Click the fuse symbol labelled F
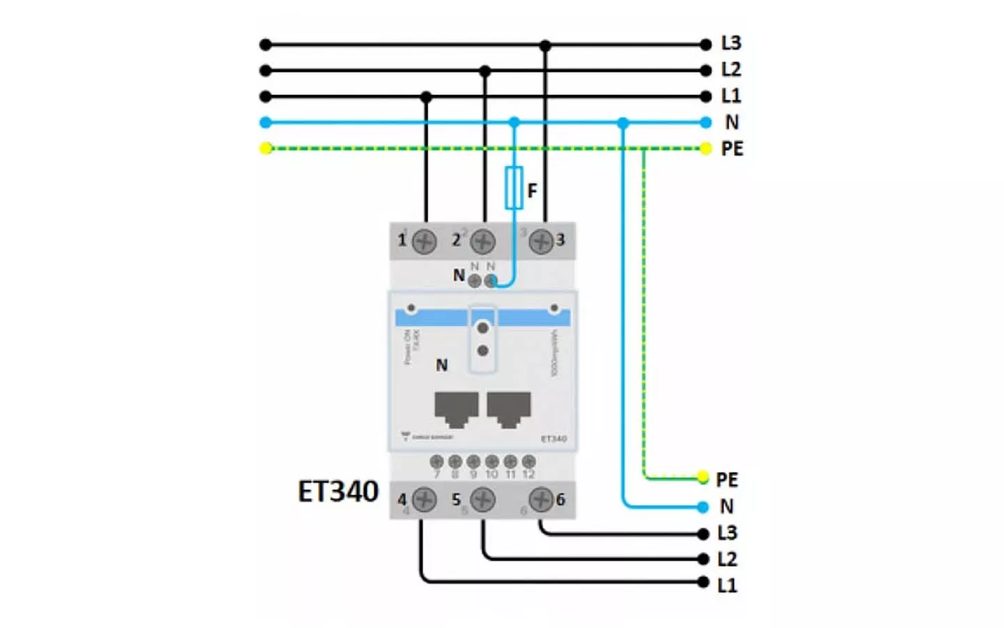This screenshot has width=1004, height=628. click(x=514, y=188)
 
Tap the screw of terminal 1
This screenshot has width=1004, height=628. click(x=424, y=242)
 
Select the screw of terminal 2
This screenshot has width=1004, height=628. click(x=482, y=242)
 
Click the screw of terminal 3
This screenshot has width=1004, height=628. click(x=540, y=242)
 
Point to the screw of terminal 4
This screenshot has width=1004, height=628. click(x=424, y=500)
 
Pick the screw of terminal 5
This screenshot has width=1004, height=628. click(x=482, y=500)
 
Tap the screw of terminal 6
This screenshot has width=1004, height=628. click(x=540, y=500)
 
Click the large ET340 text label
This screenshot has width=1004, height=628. click(x=337, y=491)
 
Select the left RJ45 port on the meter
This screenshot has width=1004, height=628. click(x=456, y=409)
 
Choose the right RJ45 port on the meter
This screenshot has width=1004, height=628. click(x=509, y=409)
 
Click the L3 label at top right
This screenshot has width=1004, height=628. click(x=731, y=43)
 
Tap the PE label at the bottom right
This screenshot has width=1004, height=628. click(x=727, y=479)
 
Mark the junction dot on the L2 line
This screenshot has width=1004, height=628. click(x=485, y=70)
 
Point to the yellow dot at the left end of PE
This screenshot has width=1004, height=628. click(x=266, y=148)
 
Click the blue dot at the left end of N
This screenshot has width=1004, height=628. click(x=266, y=122)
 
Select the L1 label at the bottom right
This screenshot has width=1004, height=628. click(x=727, y=585)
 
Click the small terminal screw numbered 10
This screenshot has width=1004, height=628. click(x=492, y=461)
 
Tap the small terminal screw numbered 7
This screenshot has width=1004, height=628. click(x=437, y=461)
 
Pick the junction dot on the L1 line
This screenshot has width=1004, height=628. click(x=426, y=96)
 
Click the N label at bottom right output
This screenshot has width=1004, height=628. click(x=727, y=506)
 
